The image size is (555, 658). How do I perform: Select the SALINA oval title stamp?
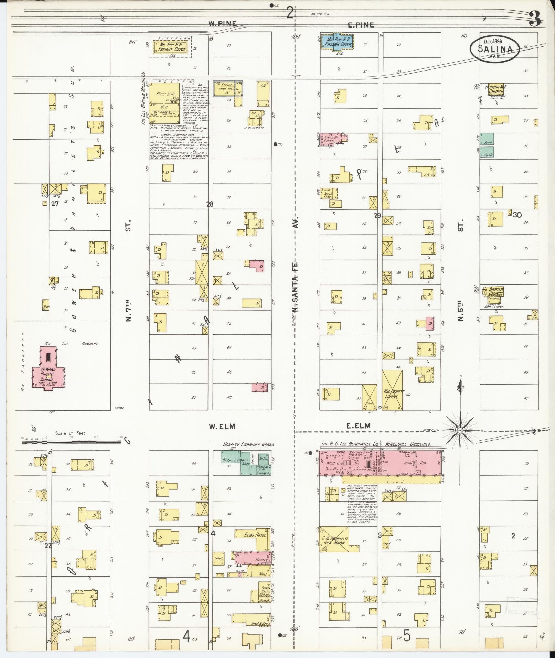point(494,50)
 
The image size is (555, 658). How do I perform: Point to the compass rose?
point(460,430)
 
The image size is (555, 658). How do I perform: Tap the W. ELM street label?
point(222,426)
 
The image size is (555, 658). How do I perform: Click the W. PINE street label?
point(222,23)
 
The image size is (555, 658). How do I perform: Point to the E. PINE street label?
point(360,24)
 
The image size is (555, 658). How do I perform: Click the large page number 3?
point(535,20)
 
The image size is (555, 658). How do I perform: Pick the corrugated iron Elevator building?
point(227,88)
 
